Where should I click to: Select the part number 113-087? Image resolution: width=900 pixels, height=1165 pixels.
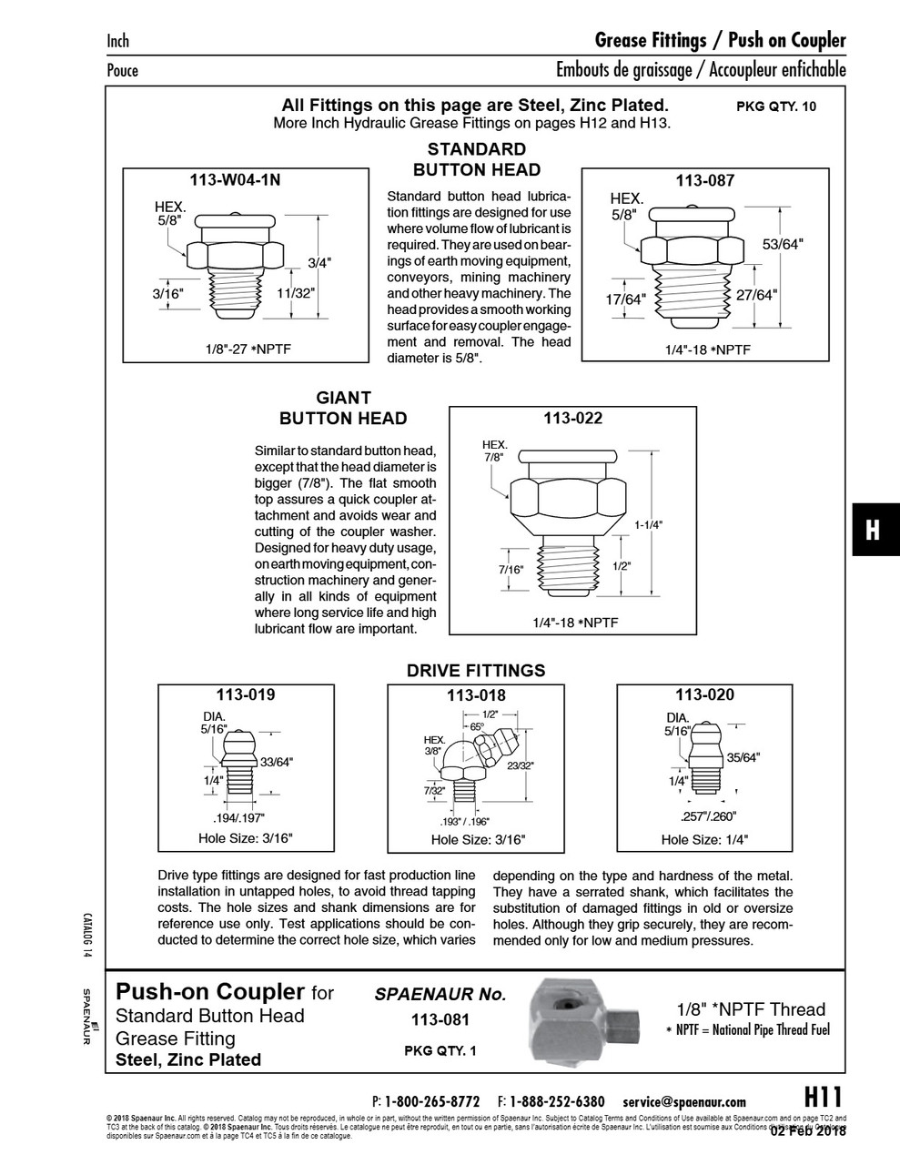pyautogui.click(x=704, y=180)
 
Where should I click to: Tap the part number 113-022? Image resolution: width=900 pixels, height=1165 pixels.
pyautogui.click(x=572, y=419)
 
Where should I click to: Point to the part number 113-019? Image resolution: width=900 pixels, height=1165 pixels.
pyautogui.click(x=246, y=694)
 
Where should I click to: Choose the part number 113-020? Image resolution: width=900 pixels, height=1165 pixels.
pyautogui.click(x=704, y=694)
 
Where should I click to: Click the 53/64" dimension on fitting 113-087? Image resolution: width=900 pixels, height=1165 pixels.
pyautogui.click(x=784, y=245)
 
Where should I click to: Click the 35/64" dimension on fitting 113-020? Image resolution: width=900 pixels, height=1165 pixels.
pyautogui.click(x=743, y=756)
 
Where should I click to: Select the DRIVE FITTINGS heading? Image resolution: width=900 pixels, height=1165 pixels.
pyautogui.click(x=476, y=671)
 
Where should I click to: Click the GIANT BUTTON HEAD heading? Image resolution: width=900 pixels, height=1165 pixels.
pyautogui.click(x=343, y=408)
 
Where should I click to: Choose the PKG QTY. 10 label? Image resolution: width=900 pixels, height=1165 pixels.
pyautogui.click(x=776, y=106)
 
